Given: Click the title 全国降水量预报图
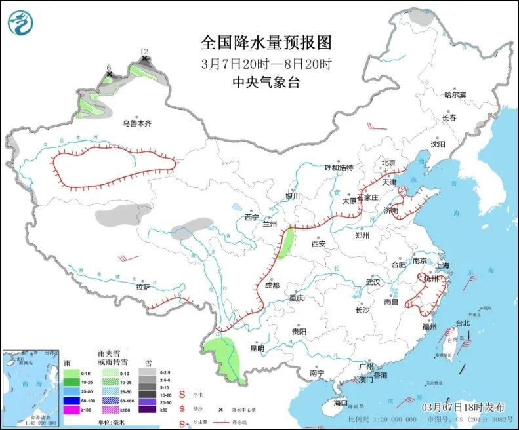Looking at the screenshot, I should pos(266,43).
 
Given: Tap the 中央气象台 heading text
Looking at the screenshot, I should pos(266,82).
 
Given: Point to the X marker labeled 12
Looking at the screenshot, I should pos(144,59).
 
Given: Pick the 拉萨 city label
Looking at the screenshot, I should pos(143,287).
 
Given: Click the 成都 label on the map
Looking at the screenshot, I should pos(272,285).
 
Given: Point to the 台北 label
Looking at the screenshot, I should pos(462,323).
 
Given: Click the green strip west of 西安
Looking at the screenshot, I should pos(286,242).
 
